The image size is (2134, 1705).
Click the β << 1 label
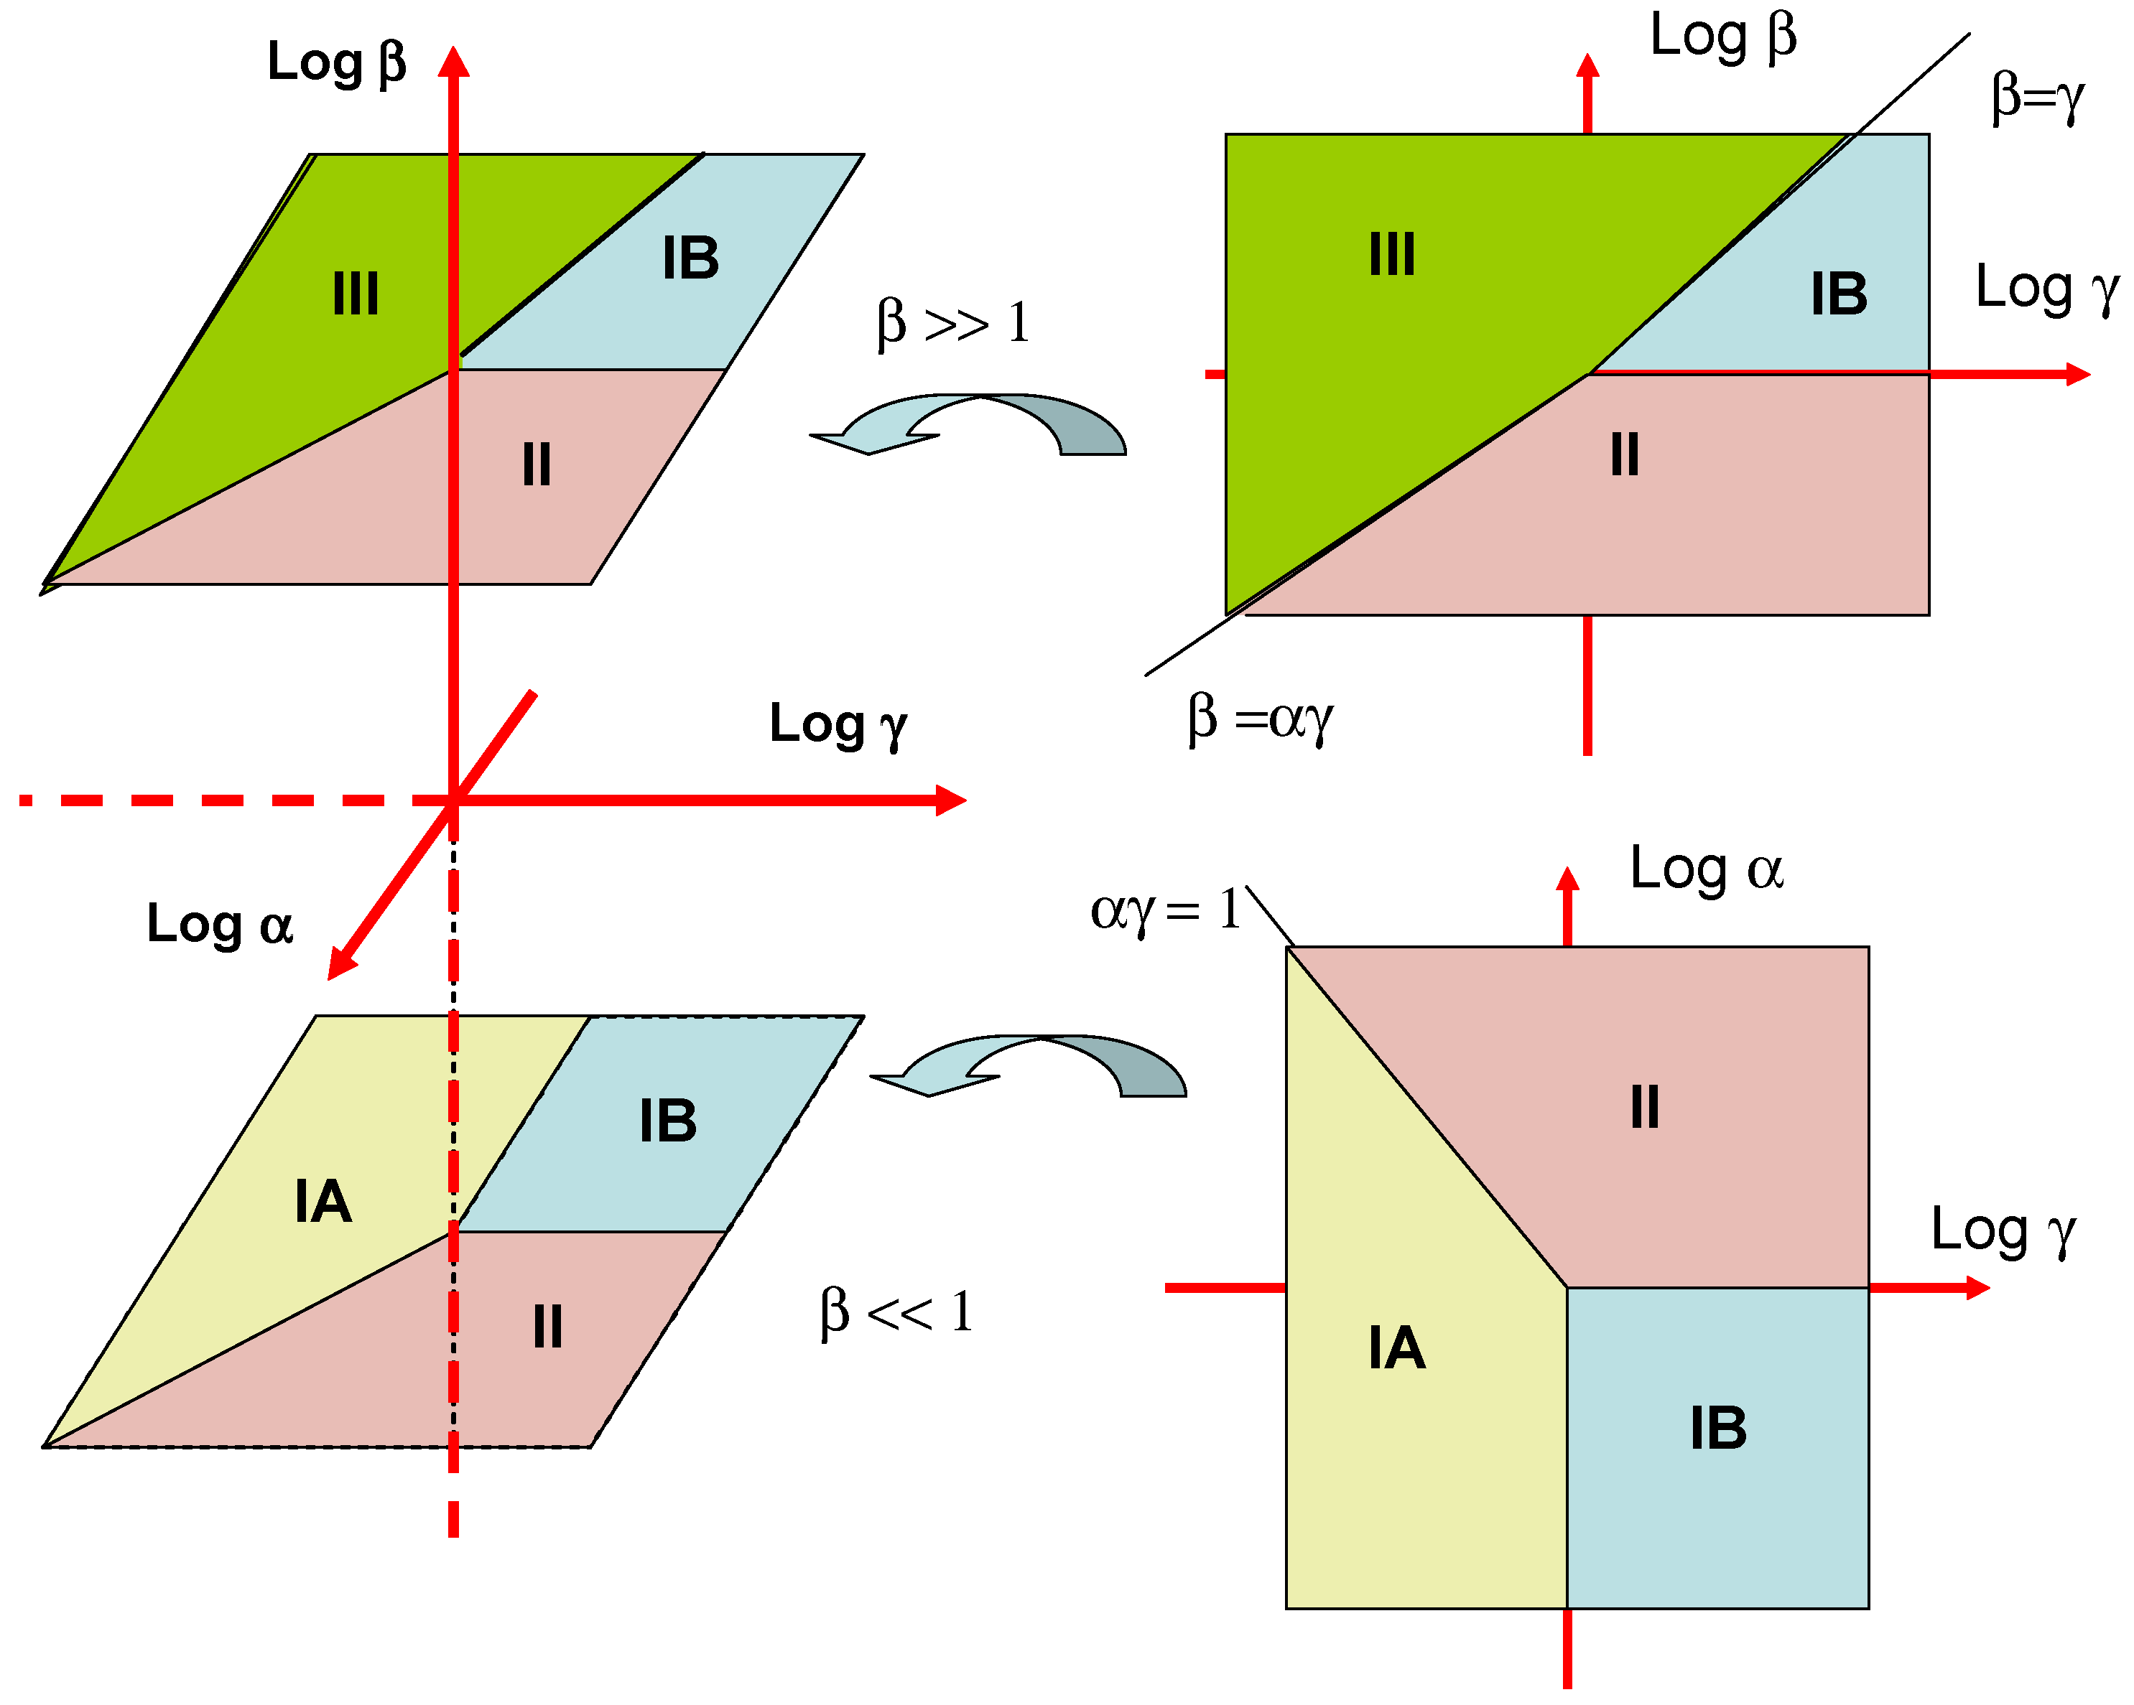pyautogui.click(x=896, y=1312)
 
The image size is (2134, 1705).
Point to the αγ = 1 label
pyautogui.click(x=1165, y=908)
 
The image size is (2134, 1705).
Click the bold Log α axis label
pyautogui.click(x=220, y=924)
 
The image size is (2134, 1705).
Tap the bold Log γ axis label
pyautogui.click(x=838, y=724)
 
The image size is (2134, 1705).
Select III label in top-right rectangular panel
pyautogui.click(x=1391, y=254)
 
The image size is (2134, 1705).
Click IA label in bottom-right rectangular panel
pyautogui.click(x=1396, y=1347)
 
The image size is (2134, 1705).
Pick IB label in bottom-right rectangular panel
pyautogui.click(x=1717, y=1428)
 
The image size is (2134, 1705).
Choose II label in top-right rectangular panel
pyautogui.click(x=1624, y=455)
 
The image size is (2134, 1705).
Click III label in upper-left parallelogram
pyautogui.click(x=356, y=294)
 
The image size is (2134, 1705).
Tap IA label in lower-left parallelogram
pyautogui.click(x=323, y=1201)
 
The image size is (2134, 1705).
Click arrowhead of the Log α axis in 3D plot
pyautogui.click(x=340, y=964)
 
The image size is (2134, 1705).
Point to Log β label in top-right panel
pyautogui.click(x=1722, y=36)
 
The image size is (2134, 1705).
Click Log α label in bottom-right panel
pyautogui.click(x=1707, y=869)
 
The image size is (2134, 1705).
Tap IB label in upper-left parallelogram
pyautogui.click(x=690, y=258)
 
